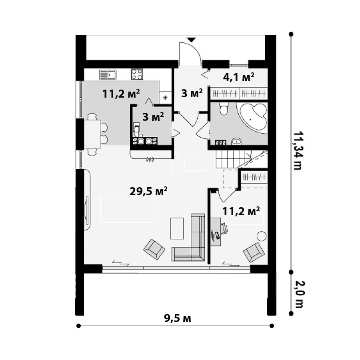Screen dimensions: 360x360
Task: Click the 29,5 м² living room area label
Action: [x=148, y=191]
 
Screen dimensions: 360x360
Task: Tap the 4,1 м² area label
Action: [x=238, y=77]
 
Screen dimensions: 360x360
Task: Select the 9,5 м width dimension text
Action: [x=178, y=318]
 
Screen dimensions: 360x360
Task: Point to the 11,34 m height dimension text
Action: [x=298, y=151]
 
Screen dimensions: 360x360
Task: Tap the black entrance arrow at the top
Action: [x=191, y=40]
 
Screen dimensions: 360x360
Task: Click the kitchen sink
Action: [x=108, y=75]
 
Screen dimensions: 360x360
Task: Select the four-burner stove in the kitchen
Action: [x=137, y=74]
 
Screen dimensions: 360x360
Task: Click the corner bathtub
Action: [x=254, y=118]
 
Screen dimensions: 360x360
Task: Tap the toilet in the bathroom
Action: [x=223, y=108]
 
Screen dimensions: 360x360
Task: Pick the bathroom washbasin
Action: [x=236, y=142]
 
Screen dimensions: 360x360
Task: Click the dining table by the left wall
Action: [x=92, y=134]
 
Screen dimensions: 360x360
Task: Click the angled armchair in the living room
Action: [x=154, y=249]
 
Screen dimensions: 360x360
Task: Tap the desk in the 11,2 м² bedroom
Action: [x=216, y=232]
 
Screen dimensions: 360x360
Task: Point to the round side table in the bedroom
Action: [x=262, y=236]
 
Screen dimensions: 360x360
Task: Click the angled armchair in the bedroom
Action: [x=254, y=252]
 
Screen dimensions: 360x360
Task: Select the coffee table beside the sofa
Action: [x=177, y=228]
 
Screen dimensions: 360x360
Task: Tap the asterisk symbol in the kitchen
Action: [x=165, y=98]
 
